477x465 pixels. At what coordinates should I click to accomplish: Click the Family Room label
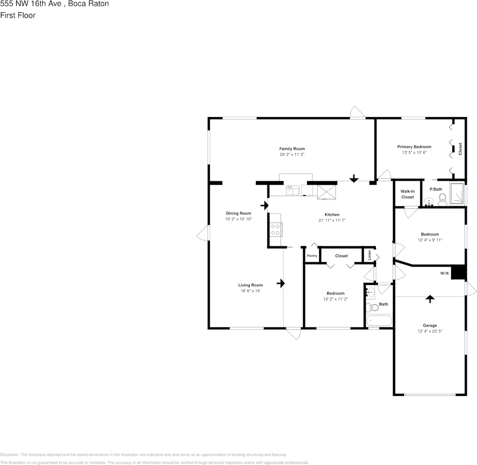point(292,148)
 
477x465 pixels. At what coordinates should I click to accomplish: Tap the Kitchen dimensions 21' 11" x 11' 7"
point(332,220)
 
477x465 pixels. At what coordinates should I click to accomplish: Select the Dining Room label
point(238,213)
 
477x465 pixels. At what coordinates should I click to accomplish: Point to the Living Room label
point(250,285)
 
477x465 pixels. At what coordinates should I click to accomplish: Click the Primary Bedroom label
point(414,147)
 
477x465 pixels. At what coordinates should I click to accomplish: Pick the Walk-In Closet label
point(407,194)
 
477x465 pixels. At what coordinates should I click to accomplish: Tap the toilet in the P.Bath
point(442,198)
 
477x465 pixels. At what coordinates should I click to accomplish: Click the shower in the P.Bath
point(457,193)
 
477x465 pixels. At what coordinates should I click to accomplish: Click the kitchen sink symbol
point(292,189)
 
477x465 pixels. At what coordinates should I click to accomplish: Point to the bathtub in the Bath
point(379,321)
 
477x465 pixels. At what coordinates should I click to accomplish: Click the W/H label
point(444,273)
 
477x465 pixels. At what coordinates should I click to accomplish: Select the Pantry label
point(312,256)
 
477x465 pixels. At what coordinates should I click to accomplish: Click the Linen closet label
point(370,255)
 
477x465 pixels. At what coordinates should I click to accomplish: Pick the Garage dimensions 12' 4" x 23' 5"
point(430,331)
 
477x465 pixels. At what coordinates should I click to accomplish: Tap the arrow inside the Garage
point(430,298)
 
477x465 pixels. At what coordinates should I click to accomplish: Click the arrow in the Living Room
point(281,283)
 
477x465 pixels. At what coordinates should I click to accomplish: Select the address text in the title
point(54,4)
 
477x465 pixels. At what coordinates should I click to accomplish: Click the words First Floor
point(18,15)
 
